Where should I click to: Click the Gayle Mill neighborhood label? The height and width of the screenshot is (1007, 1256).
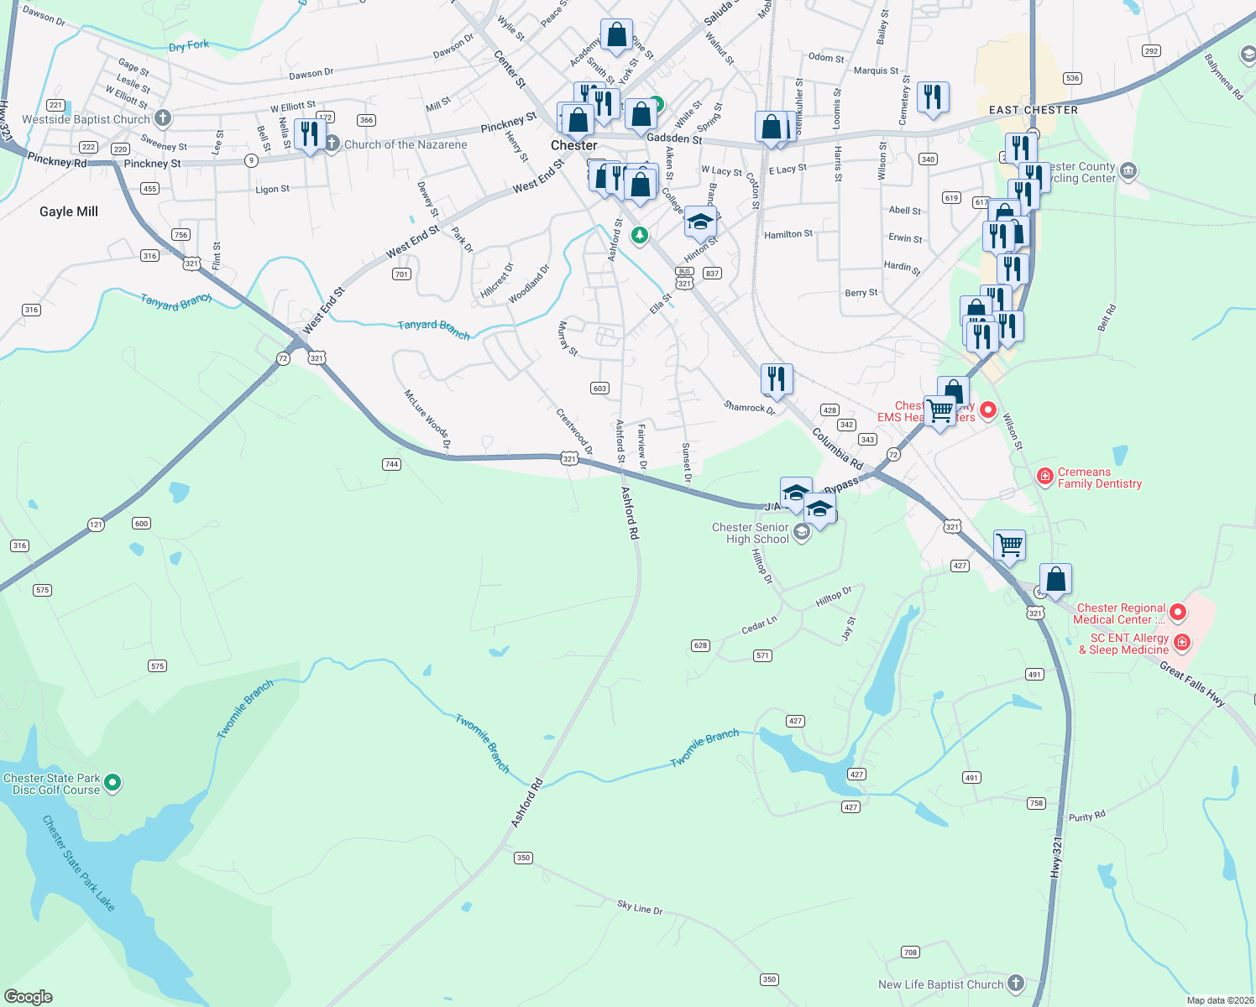69,211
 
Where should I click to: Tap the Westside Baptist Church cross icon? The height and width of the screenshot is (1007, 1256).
163,118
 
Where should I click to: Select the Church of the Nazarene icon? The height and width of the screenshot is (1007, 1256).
332,143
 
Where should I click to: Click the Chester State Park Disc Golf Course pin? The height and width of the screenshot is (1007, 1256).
113,783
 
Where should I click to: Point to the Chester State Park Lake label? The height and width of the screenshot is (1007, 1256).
78,863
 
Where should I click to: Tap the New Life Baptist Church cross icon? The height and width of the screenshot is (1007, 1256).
1016,984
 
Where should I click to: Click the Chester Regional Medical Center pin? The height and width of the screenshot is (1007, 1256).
1178,613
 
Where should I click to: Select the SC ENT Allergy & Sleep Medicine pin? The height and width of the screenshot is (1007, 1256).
1182,644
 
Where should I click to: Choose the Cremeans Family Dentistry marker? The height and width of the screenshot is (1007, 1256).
1045,477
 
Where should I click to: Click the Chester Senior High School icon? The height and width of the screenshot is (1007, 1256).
802,532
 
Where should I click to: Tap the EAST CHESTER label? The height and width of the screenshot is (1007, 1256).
1033,110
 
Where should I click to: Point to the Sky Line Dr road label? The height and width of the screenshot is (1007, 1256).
640,907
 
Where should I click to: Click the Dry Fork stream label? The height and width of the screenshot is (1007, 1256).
189,45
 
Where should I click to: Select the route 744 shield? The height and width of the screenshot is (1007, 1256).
391,464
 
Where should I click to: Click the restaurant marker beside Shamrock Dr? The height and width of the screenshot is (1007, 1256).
777,379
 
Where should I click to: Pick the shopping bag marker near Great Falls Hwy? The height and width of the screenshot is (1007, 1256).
1055,579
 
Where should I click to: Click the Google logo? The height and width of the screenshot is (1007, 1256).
28,997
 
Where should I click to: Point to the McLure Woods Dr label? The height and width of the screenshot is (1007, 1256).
427,419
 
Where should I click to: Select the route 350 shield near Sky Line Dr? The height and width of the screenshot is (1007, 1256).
524,858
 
